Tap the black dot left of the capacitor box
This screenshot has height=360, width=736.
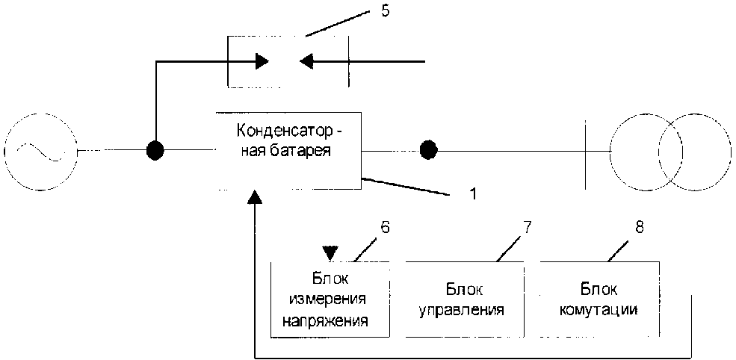coord(155,151)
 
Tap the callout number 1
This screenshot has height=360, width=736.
coord(471,192)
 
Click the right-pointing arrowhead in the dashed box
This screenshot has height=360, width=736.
coord(262,61)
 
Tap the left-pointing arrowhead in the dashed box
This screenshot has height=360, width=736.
coord(306,61)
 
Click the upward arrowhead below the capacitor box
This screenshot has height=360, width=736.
coord(256,197)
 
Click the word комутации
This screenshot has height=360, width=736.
coord(599,309)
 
